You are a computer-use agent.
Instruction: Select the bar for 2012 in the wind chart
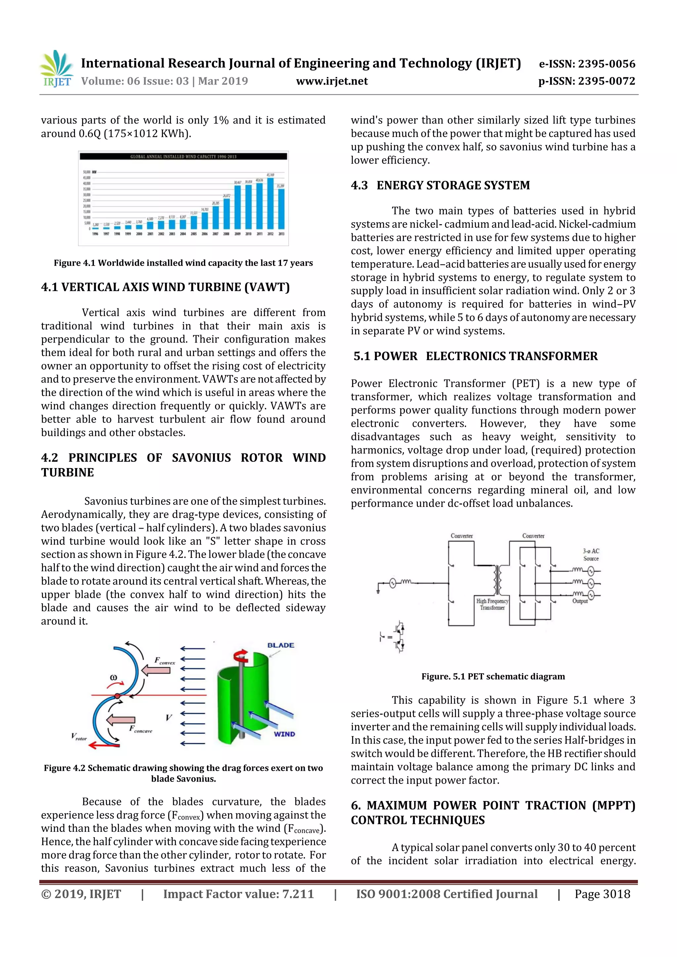(x=270, y=204)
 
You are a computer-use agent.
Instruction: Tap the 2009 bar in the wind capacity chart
(x=237, y=207)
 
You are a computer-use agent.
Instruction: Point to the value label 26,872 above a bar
(x=226, y=196)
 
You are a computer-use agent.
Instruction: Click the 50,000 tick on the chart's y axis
(x=87, y=172)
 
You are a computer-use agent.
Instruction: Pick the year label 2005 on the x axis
(x=194, y=234)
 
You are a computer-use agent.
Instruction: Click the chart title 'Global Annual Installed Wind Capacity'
(x=183, y=157)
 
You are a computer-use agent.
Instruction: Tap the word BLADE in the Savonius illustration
(x=281, y=645)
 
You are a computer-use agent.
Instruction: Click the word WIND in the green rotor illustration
(x=285, y=734)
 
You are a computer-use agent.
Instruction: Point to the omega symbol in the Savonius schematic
(x=113, y=677)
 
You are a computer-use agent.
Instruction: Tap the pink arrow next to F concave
(x=121, y=720)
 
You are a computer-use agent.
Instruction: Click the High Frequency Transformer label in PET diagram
(x=492, y=605)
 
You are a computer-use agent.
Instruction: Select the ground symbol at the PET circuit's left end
(x=378, y=591)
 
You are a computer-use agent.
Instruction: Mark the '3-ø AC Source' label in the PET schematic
(x=591, y=555)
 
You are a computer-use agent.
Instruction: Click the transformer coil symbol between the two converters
(x=498, y=580)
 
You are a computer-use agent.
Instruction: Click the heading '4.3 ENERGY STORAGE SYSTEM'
(x=440, y=185)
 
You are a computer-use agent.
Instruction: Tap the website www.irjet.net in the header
(x=332, y=81)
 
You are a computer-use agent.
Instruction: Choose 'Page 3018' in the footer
(x=602, y=894)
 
